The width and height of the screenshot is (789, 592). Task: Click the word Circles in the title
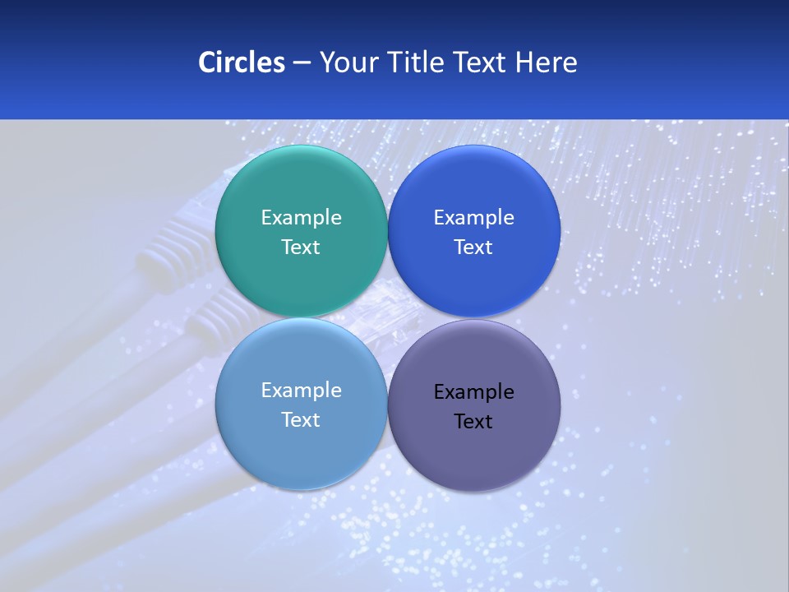pos(241,62)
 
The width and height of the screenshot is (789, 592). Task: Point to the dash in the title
pos(302,63)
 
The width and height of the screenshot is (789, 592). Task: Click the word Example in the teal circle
pos(301,218)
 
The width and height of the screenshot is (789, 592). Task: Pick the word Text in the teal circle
pos(301,247)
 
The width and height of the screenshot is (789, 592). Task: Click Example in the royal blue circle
pos(474,218)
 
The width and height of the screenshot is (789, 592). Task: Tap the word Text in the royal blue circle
pos(474,247)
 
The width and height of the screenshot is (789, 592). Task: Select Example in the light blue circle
pos(301,391)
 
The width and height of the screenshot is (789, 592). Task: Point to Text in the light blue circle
pos(301,420)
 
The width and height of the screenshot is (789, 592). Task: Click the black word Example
pos(474,392)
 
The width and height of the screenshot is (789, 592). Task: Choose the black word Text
pos(474,422)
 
